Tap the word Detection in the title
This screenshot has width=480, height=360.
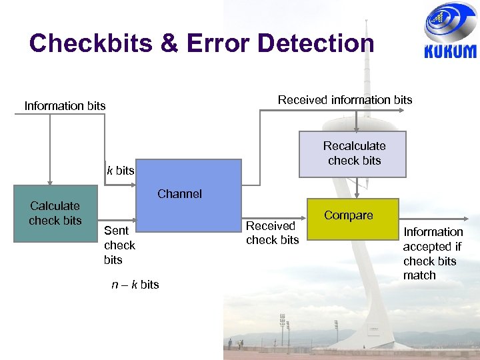[315, 44]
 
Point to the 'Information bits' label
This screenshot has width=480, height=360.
[65, 106]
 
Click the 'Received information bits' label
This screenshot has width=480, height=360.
[345, 100]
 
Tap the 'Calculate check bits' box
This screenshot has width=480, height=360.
[55, 213]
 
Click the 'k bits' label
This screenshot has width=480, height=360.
[121, 171]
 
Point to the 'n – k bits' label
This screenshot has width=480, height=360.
[135, 285]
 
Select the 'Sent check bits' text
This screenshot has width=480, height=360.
[119, 245]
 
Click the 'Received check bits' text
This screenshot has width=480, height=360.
[272, 233]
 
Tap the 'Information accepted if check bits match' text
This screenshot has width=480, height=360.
[433, 253]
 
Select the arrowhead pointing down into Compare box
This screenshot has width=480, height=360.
[358, 195]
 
